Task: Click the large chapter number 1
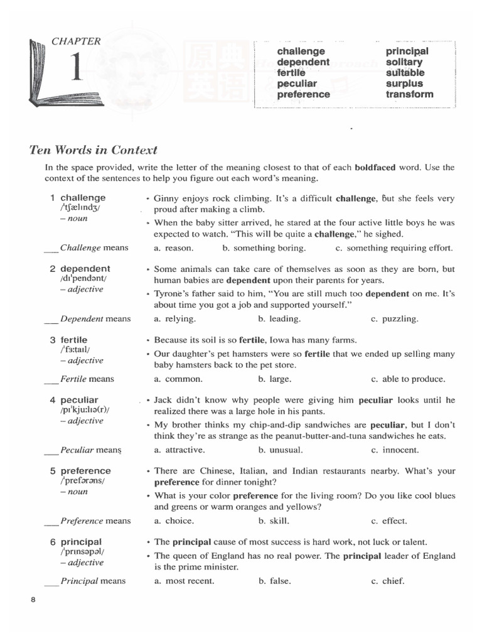click(76, 70)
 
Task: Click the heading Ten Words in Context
click(94, 150)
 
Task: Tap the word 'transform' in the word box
click(409, 94)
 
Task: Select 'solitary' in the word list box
click(404, 62)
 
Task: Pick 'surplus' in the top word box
click(404, 84)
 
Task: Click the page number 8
click(33, 600)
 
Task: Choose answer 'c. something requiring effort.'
click(394, 248)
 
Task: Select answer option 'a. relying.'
click(175, 319)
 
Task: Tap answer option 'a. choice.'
click(174, 521)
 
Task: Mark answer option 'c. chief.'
click(388, 581)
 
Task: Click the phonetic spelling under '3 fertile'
click(75, 350)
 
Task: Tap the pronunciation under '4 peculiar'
click(85, 410)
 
